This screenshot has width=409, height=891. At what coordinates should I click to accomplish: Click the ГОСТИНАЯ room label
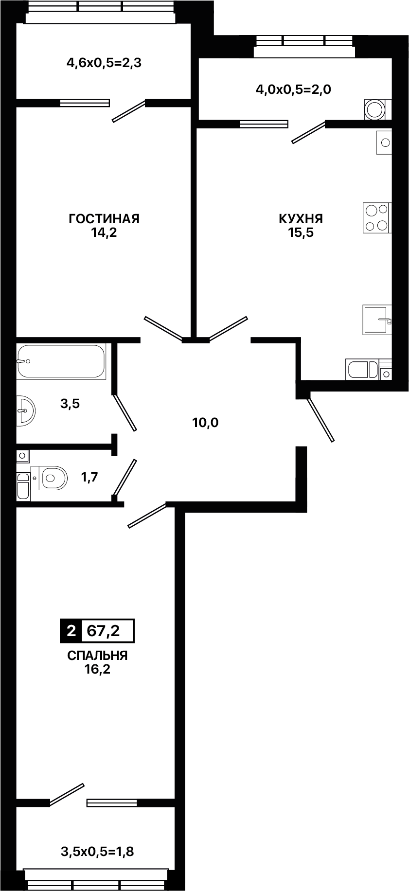pyautogui.click(x=104, y=219)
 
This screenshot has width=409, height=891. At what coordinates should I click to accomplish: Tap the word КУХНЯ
pyautogui.click(x=301, y=219)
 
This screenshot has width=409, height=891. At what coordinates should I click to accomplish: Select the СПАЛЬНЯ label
pyautogui.click(x=97, y=656)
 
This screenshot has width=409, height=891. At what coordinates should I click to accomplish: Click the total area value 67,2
pyautogui.click(x=103, y=631)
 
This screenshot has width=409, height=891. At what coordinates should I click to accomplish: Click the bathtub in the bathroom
pyautogui.click(x=61, y=362)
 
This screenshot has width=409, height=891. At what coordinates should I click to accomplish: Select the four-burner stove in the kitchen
pyautogui.click(x=376, y=218)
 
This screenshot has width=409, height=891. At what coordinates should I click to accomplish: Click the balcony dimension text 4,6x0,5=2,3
pyautogui.click(x=104, y=63)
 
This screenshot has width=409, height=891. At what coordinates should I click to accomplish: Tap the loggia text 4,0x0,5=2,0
pyautogui.click(x=293, y=89)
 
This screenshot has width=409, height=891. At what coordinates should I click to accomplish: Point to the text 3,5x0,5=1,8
pyautogui.click(x=97, y=852)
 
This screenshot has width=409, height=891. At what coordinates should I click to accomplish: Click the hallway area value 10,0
pyautogui.click(x=205, y=423)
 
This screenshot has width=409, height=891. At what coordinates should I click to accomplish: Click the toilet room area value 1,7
pyautogui.click(x=90, y=477)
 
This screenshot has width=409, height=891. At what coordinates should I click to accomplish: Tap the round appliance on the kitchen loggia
pyautogui.click(x=375, y=109)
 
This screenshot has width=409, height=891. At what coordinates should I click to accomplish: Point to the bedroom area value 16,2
pyautogui.click(x=97, y=670)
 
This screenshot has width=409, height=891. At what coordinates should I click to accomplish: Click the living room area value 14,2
pyautogui.click(x=104, y=232)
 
